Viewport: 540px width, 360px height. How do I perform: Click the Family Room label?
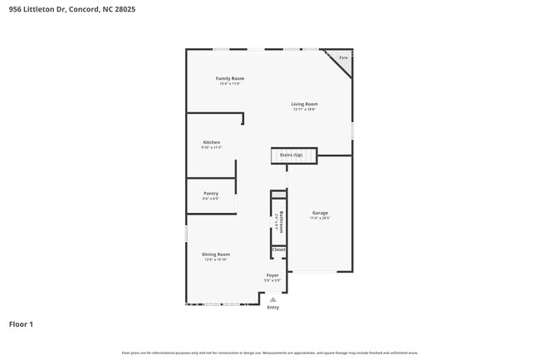[230, 78]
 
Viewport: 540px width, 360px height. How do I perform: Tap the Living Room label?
[304, 104]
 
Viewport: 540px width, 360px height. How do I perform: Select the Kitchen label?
[211, 142]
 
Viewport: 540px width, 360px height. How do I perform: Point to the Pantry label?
[211, 193]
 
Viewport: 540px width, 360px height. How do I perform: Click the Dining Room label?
[215, 254]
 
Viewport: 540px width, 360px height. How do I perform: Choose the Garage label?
[320, 213]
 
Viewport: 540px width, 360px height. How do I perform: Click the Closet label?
[278, 249]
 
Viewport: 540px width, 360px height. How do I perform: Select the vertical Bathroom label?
[282, 222]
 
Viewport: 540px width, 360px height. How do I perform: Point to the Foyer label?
[272, 275]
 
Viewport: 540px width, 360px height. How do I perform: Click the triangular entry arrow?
[272, 299]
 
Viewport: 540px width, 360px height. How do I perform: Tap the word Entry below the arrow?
[272, 308]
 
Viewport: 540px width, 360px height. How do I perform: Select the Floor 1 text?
[21, 324]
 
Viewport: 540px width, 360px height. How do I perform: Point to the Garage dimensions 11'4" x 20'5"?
[320, 219]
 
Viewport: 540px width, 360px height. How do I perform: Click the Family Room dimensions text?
[230, 84]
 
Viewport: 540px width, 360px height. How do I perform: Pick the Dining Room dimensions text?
[215, 260]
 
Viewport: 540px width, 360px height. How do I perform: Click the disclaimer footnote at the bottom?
[270, 353]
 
